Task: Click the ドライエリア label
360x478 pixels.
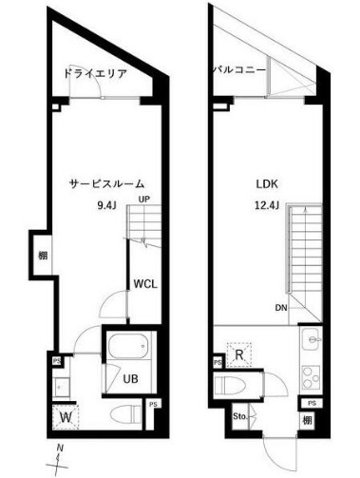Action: point(94,73)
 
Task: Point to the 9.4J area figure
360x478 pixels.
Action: point(106,204)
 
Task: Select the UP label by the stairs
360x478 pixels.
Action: point(144,200)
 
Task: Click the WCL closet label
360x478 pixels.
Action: point(145,283)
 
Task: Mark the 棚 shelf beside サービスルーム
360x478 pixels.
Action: point(43,255)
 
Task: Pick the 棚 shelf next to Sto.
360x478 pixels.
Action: point(309,419)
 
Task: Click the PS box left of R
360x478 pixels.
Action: point(218,362)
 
